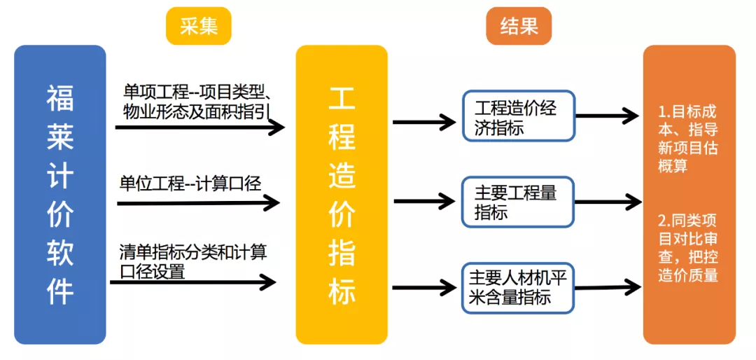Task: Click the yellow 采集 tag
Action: (199, 26)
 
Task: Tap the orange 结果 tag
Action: (519, 26)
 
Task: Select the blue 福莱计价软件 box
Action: (60, 195)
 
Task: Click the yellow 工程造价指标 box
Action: (342, 195)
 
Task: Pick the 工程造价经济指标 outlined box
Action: (518, 116)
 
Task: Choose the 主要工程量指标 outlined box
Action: (518, 202)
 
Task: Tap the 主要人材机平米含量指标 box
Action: (518, 287)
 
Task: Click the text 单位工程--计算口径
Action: (190, 184)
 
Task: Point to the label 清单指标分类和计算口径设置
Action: (192, 261)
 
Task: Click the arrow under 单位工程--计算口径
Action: (198, 203)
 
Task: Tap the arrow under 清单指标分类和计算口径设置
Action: (192, 282)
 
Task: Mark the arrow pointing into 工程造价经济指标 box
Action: (424, 122)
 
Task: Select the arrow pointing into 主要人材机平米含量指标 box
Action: (424, 287)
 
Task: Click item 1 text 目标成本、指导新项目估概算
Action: (689, 139)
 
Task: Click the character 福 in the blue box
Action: (60, 98)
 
